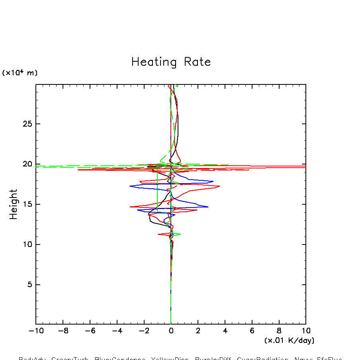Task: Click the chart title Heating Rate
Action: [171, 62]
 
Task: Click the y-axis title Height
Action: [14, 204]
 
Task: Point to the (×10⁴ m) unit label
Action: [20, 73]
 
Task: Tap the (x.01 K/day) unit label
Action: [290, 340]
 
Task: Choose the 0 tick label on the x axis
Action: [171, 331]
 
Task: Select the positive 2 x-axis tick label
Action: [198, 331]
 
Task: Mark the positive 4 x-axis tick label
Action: [225, 331]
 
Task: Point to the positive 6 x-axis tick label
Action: [252, 331]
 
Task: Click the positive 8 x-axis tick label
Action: [279, 331]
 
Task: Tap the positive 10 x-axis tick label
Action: [305, 331]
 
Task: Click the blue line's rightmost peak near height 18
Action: [213, 182]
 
